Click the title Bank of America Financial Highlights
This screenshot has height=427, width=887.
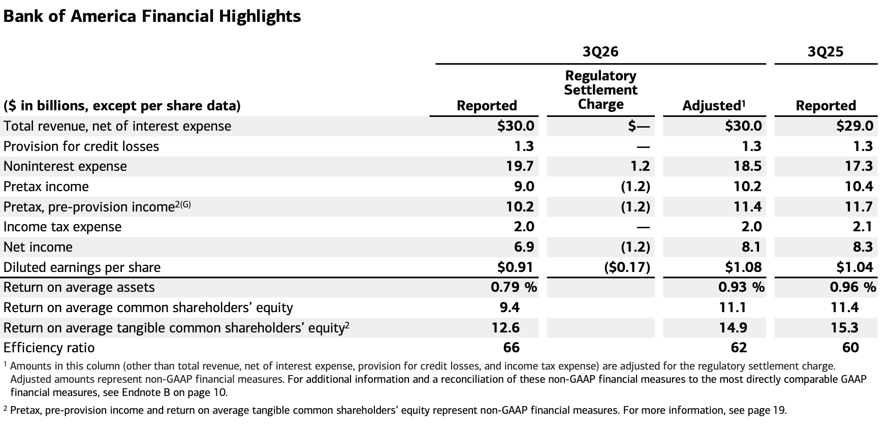pos(152,17)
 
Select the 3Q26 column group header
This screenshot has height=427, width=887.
pos(600,51)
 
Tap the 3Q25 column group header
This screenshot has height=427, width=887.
pos(826,51)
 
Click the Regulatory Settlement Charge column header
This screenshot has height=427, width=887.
pos(600,90)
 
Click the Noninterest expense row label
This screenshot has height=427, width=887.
pos(65,166)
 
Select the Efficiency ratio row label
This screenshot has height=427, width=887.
pos(49,348)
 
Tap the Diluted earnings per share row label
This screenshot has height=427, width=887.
pos(82,267)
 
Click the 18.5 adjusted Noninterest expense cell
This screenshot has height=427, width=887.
pos(747,166)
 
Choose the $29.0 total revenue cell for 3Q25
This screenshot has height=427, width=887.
pos(855,126)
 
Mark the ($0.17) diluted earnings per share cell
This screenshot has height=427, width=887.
pos(627,267)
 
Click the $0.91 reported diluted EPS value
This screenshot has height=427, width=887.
pos(516,267)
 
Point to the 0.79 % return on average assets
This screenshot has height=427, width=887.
pos(514,287)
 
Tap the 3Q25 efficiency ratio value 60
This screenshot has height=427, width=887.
pos(850,348)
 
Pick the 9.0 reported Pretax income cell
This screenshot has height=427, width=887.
pos(524,187)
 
